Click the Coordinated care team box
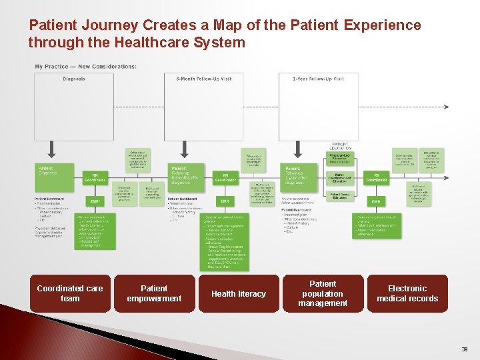click(70, 293)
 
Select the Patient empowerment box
click(154, 293)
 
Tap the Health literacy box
click(238, 293)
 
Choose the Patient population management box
click(323, 293)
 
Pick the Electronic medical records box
click(407, 293)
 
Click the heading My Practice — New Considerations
click(85, 67)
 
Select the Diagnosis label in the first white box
click(74, 79)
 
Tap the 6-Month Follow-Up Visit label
click(204, 79)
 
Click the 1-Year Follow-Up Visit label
click(319, 79)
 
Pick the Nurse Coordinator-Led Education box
click(340, 178)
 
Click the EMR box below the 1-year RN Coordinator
click(376, 201)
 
